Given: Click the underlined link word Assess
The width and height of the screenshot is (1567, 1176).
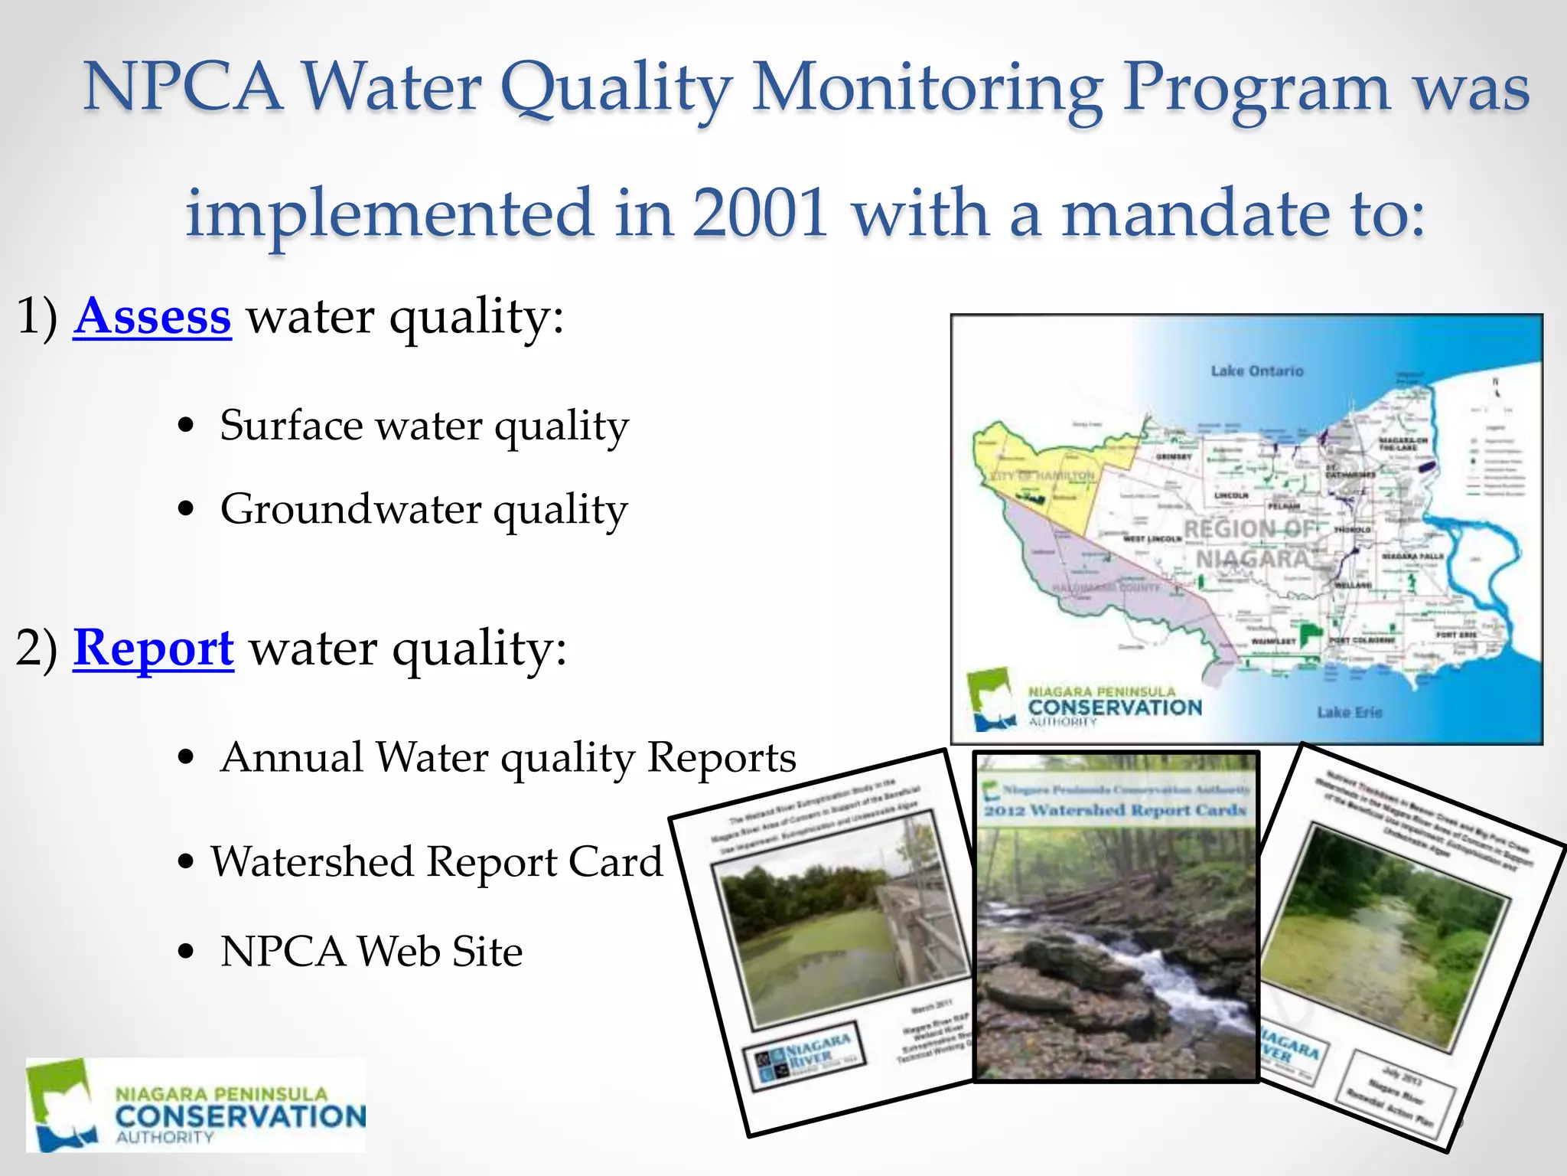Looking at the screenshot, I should [152, 316].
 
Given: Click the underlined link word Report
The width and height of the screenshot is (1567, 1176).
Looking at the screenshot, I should [153, 648].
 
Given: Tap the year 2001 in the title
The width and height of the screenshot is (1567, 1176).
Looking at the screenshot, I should [761, 213].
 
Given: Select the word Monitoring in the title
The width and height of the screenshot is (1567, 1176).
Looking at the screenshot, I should [927, 88].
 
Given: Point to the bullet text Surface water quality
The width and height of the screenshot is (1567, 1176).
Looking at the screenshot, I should [424, 426].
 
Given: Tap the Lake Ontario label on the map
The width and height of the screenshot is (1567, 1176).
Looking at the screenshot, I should [1256, 371].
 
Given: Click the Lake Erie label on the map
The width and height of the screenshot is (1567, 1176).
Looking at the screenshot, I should [1349, 712].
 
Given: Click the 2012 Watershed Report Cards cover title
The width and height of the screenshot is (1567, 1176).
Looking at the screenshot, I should [1115, 810].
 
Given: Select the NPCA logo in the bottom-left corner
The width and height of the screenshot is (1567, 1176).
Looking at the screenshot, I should [196, 1105].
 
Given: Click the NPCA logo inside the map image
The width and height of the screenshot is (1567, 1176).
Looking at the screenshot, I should [1083, 701].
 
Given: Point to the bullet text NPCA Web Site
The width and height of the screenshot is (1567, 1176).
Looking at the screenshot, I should [371, 952].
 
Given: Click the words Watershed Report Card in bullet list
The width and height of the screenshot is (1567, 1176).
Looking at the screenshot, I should [436, 862].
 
